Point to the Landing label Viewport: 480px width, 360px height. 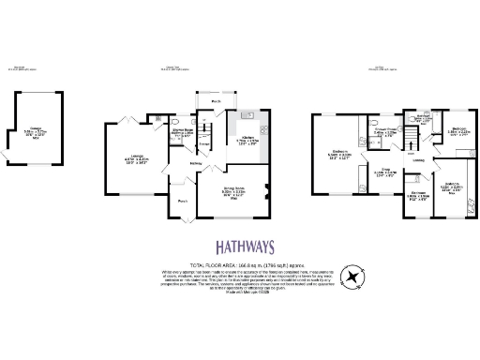click(x=418, y=160)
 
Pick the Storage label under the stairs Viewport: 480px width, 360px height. click(x=203, y=143)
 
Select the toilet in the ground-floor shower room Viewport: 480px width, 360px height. click(x=176, y=122)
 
